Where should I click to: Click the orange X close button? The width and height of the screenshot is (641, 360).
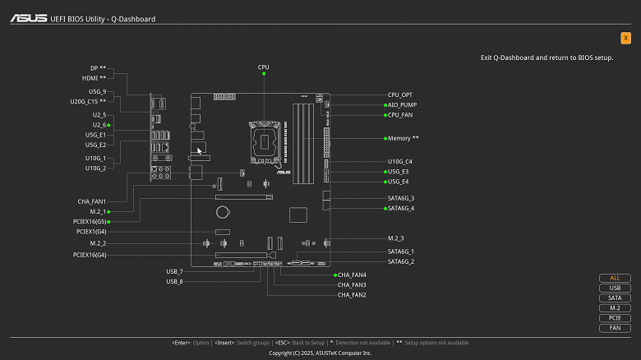626,38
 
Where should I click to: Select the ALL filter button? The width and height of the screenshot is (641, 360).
615,278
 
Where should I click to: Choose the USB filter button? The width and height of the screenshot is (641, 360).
615,288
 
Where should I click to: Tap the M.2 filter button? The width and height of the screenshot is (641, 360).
615,307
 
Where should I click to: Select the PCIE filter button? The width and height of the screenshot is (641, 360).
615,317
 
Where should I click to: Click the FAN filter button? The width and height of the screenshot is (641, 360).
615,327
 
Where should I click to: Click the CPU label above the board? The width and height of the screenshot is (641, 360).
264,67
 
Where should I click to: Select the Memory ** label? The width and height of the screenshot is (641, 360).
403,138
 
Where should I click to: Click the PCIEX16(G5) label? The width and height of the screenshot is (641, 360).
89,222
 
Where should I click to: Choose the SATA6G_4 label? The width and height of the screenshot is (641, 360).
401,208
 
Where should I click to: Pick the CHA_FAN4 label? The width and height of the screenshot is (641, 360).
352,275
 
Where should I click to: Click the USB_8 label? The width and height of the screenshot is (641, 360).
174,281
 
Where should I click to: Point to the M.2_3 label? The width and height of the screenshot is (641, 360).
397,238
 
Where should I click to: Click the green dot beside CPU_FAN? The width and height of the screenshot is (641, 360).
384,115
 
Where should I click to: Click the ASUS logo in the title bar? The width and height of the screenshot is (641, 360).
28,18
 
